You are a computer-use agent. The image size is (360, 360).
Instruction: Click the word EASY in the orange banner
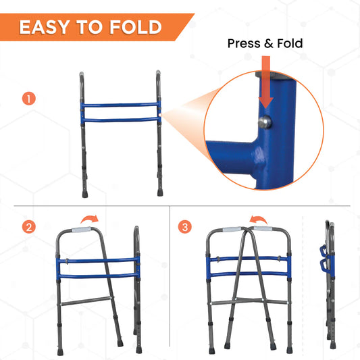tap(45, 27)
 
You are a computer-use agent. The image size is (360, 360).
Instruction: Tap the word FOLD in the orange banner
tap(136, 27)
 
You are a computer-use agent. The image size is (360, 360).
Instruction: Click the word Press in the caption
tap(244, 43)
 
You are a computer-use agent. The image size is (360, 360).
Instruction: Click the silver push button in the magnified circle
tap(265, 122)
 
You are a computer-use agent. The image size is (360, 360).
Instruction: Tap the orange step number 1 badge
tap(28, 99)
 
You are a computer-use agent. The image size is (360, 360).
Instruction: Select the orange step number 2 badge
tap(28, 227)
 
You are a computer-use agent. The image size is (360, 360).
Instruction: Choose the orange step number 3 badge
tap(185, 227)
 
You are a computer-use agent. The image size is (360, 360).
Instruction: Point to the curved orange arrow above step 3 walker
tap(258, 219)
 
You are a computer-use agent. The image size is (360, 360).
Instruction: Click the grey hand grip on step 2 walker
tap(81, 230)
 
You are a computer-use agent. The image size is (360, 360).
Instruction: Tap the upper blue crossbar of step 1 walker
tap(120, 105)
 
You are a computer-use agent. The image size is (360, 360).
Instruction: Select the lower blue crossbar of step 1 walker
tap(120, 120)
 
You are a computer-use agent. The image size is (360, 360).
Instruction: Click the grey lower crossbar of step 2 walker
tap(86, 301)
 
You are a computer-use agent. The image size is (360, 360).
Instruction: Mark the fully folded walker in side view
tap(330, 282)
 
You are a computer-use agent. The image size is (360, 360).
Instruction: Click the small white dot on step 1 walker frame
tap(160, 115)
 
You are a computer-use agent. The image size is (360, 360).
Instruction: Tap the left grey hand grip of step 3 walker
tap(232, 229)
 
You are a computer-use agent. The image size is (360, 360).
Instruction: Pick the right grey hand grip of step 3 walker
tap(263, 229)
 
